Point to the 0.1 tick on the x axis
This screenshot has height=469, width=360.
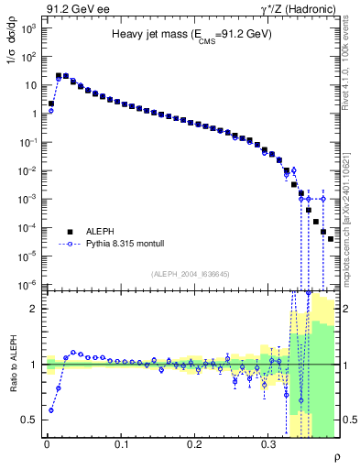[x=121, y=446]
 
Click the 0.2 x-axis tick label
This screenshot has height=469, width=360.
[x=194, y=446]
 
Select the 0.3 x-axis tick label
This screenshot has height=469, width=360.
[x=267, y=446]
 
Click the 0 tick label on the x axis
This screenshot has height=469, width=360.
[x=48, y=446]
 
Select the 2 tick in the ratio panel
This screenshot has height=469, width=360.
[x=35, y=309]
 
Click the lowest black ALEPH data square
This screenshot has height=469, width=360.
[x=331, y=238]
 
